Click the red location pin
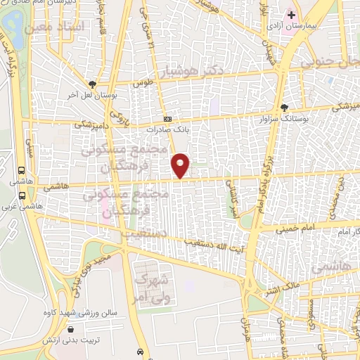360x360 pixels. tap(181, 165)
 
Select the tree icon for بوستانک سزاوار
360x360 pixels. tap(284, 108)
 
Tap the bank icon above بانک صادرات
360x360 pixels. tap(167, 119)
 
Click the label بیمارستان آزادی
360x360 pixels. tap(287, 25)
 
